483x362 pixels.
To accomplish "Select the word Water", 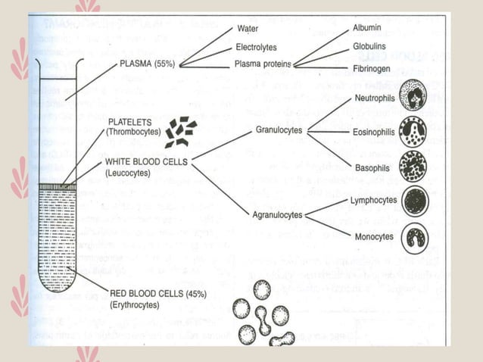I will (248, 29).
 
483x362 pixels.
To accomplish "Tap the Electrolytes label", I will (255, 47).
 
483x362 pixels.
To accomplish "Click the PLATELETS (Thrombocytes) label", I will (133, 126).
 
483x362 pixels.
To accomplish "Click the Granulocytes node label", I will (279, 130).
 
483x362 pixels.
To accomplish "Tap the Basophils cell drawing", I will (416, 167).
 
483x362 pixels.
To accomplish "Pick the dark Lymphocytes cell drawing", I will (416, 201).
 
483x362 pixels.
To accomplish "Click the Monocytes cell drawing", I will (416, 237).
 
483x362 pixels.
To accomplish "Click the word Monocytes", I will (373, 237).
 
